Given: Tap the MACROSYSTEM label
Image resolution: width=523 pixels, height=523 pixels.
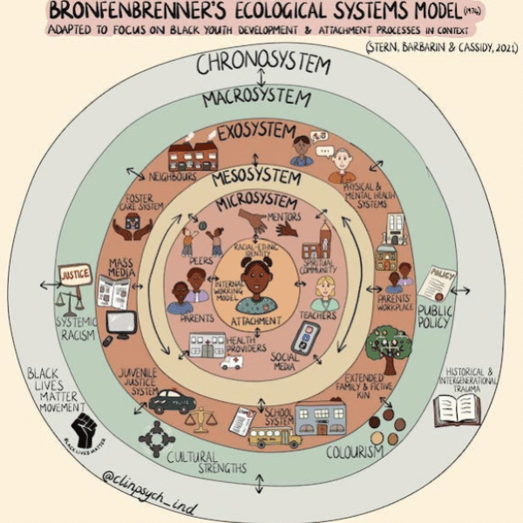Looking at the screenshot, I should tap(256, 98).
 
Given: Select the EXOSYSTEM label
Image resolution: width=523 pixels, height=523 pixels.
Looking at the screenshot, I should tap(256, 133).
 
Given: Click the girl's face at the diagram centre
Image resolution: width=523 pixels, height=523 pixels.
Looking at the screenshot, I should tap(257, 279).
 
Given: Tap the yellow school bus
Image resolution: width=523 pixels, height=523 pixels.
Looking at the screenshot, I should tap(274, 436).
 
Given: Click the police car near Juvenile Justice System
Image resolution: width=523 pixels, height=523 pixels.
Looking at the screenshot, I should tap(172, 403).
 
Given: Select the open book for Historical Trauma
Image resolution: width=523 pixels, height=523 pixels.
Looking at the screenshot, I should tap(457, 408).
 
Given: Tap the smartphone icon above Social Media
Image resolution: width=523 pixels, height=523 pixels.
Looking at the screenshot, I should tap(306, 336).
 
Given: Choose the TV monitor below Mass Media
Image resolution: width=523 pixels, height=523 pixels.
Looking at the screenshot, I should tap(119, 323).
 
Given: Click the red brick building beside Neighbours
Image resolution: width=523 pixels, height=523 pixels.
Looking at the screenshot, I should tap(194, 156).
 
